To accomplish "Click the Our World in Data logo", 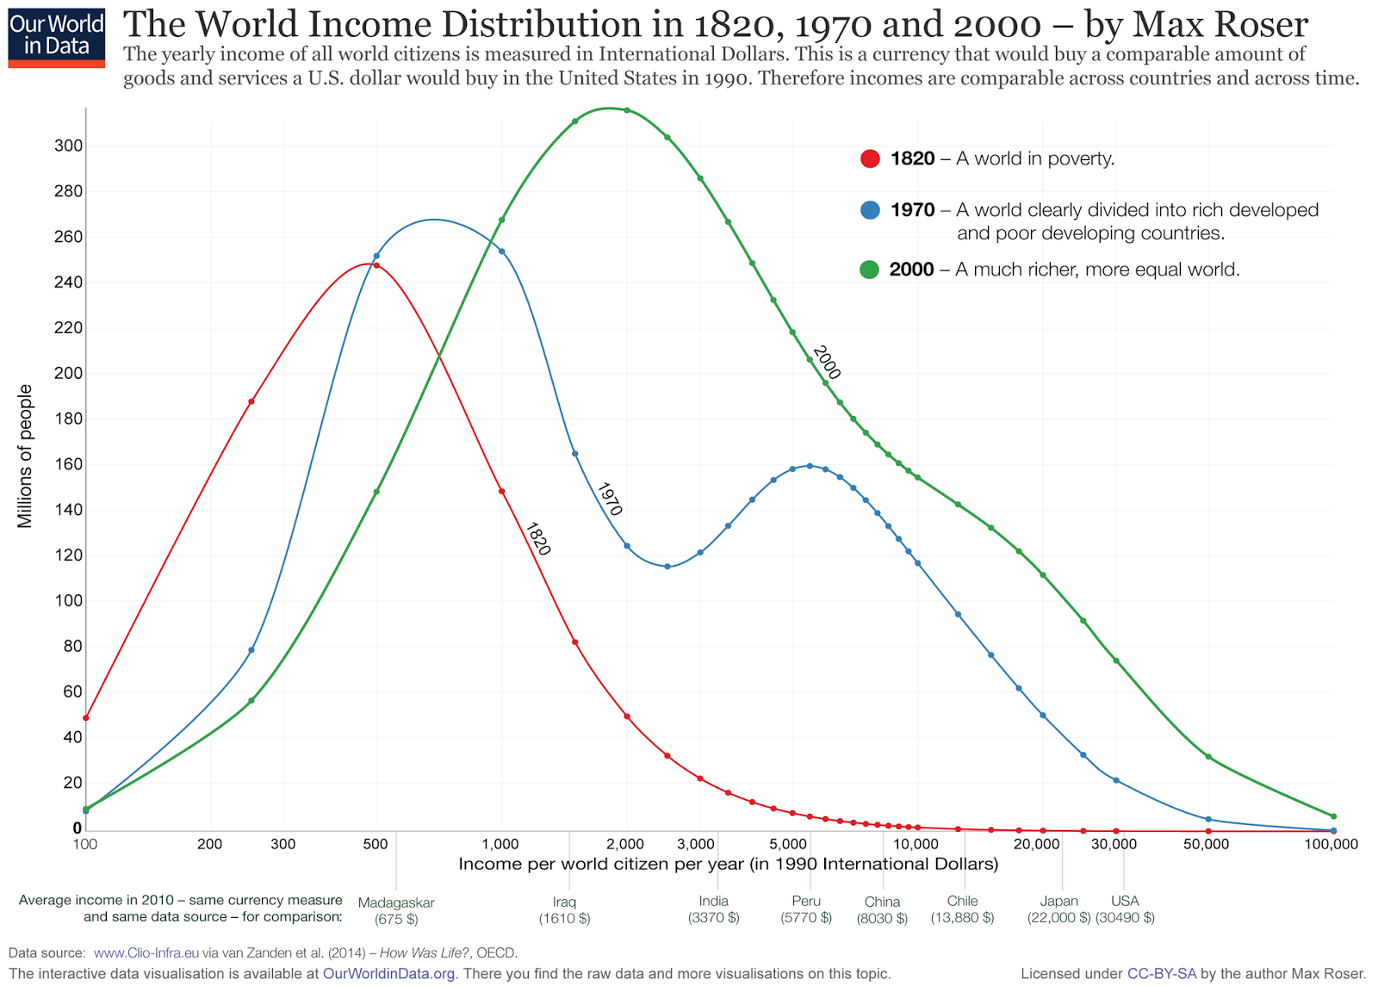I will pos(56,38).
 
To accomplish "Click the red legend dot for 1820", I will pos(870,158).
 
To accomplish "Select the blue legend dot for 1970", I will pos(870,210).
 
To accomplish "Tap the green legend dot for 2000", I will pos(870,270).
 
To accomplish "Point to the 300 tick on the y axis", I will pos(69,146).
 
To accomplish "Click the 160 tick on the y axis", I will pos(69,464).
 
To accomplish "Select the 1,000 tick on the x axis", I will pos(500,844).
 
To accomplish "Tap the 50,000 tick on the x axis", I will pos(1206,844).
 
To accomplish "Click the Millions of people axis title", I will pos(25,456).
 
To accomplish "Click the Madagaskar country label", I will pos(396,902).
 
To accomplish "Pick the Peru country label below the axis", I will pos(806,901).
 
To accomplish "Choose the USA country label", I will pos(1125,901).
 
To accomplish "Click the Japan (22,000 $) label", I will pos(1058,909).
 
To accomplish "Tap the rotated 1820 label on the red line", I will pos(537,538).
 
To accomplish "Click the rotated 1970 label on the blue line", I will pos(609,499).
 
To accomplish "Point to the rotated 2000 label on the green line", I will pos(826,362).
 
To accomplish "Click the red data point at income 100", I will pos(85,717).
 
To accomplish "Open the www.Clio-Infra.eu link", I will pos(146,953).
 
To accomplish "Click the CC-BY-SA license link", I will pos(1161,974).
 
